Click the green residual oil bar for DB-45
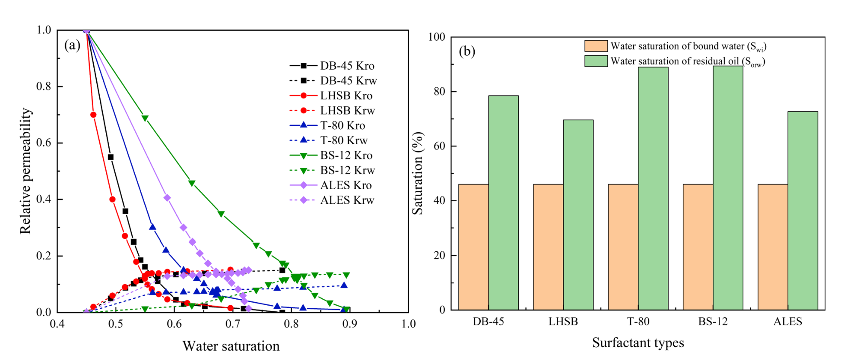pos(503,202)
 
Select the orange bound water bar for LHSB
pos(548,247)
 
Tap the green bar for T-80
pos(653,188)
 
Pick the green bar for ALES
pos(803,211)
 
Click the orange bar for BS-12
pos(698,247)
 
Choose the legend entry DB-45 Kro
pos(332,66)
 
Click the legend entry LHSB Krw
pos(332,110)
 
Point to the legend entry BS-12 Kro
pos(332,155)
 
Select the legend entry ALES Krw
pos(332,200)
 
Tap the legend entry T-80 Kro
pos(332,125)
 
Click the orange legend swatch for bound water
pos(596,46)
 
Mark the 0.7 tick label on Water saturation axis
pos(232,324)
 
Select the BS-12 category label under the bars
pos(713,321)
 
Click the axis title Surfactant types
pos(638,343)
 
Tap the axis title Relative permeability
pos(26,171)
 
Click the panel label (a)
pos(72,45)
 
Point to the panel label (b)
pos(467,51)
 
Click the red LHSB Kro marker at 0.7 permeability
pos(93,115)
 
